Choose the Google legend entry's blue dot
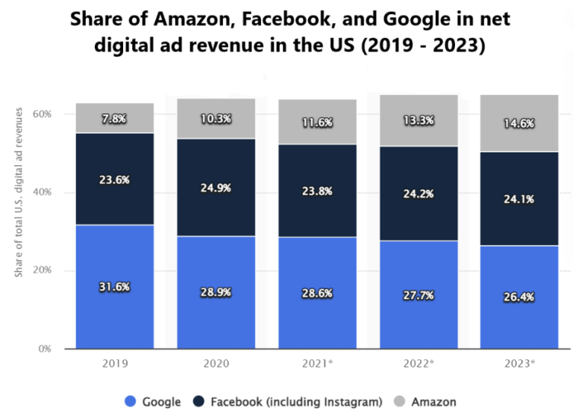pyautogui.click(x=130, y=402)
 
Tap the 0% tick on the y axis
pyautogui.click(x=44, y=349)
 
